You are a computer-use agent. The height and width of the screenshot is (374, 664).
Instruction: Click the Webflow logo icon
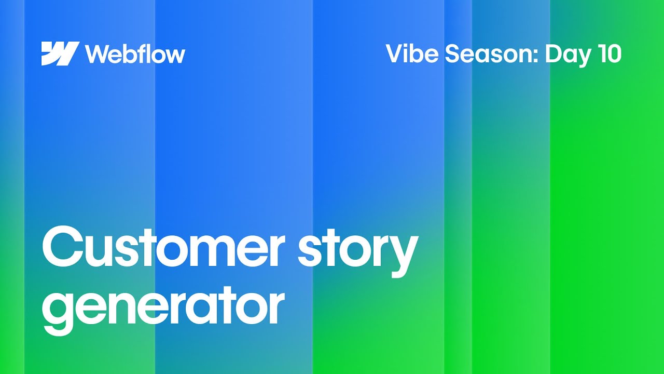pos(60,54)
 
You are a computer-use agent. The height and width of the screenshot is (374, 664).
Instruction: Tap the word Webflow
pos(135,54)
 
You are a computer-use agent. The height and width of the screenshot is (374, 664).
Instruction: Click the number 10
pos(608,54)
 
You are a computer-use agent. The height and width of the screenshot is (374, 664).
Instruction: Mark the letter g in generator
pos(58,310)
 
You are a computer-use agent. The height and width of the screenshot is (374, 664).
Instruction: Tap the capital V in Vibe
pos(395,54)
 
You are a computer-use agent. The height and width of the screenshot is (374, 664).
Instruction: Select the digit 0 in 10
pos(613,54)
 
